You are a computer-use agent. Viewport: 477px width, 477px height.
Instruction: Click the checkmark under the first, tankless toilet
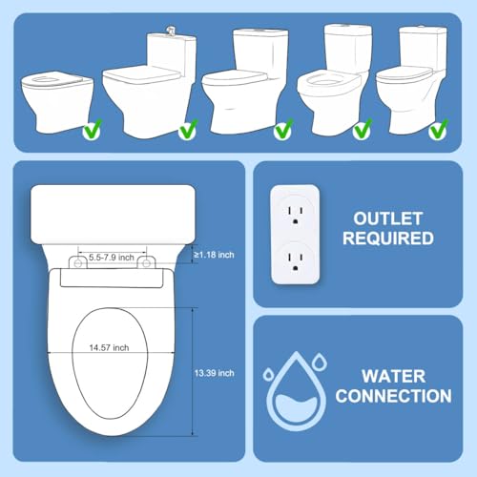pyautogui.click(x=93, y=130)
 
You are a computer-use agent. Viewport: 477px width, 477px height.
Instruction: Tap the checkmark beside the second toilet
pyautogui.click(x=188, y=130)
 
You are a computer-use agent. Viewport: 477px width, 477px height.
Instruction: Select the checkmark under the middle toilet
pyautogui.click(x=283, y=130)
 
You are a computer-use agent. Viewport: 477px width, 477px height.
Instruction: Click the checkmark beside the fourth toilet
pyautogui.click(x=363, y=130)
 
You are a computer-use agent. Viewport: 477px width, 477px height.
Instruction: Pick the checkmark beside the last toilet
pyautogui.click(x=439, y=130)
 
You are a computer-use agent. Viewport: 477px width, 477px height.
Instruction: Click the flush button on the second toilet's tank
pyautogui.click(x=171, y=31)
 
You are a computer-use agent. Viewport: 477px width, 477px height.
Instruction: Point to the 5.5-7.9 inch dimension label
pyautogui.click(x=112, y=258)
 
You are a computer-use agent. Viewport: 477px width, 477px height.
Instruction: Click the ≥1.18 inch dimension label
pyautogui.click(x=214, y=255)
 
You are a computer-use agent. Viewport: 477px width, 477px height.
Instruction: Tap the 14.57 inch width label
pyautogui.click(x=109, y=347)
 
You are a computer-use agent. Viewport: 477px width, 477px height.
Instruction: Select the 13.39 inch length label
pyautogui.click(x=215, y=373)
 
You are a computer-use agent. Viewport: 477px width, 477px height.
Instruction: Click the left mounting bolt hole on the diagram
pyautogui.click(x=78, y=263)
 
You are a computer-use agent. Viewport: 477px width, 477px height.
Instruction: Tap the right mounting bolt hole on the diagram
pyautogui.click(x=146, y=263)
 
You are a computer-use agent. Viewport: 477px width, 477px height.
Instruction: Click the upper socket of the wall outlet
pyautogui.click(x=295, y=215)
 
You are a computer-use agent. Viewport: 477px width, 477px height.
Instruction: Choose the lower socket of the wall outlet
pyautogui.click(x=295, y=261)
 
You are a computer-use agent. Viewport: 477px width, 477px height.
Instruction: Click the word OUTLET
pyautogui.click(x=388, y=218)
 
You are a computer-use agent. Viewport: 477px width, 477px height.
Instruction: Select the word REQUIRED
pyautogui.click(x=388, y=238)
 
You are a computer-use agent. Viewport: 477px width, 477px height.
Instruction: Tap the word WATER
pyautogui.click(x=394, y=377)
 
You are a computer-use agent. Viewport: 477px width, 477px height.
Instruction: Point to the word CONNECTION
pyautogui.click(x=394, y=396)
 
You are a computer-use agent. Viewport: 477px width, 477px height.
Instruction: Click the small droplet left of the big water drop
pyautogui.click(x=269, y=375)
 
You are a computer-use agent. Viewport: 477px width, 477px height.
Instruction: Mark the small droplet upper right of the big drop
pyautogui.click(x=320, y=363)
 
